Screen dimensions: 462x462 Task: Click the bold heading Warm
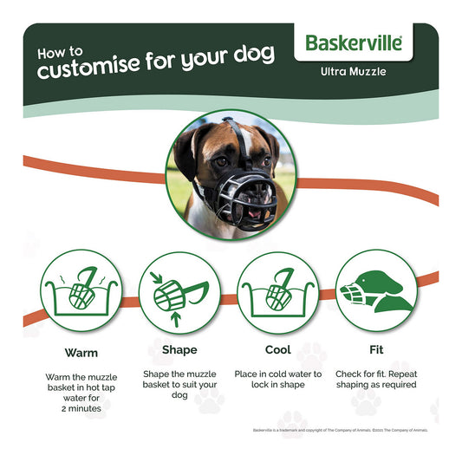coord(81,353)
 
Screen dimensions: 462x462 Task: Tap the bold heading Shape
coord(179,350)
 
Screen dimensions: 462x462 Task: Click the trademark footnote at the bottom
coord(341,430)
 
